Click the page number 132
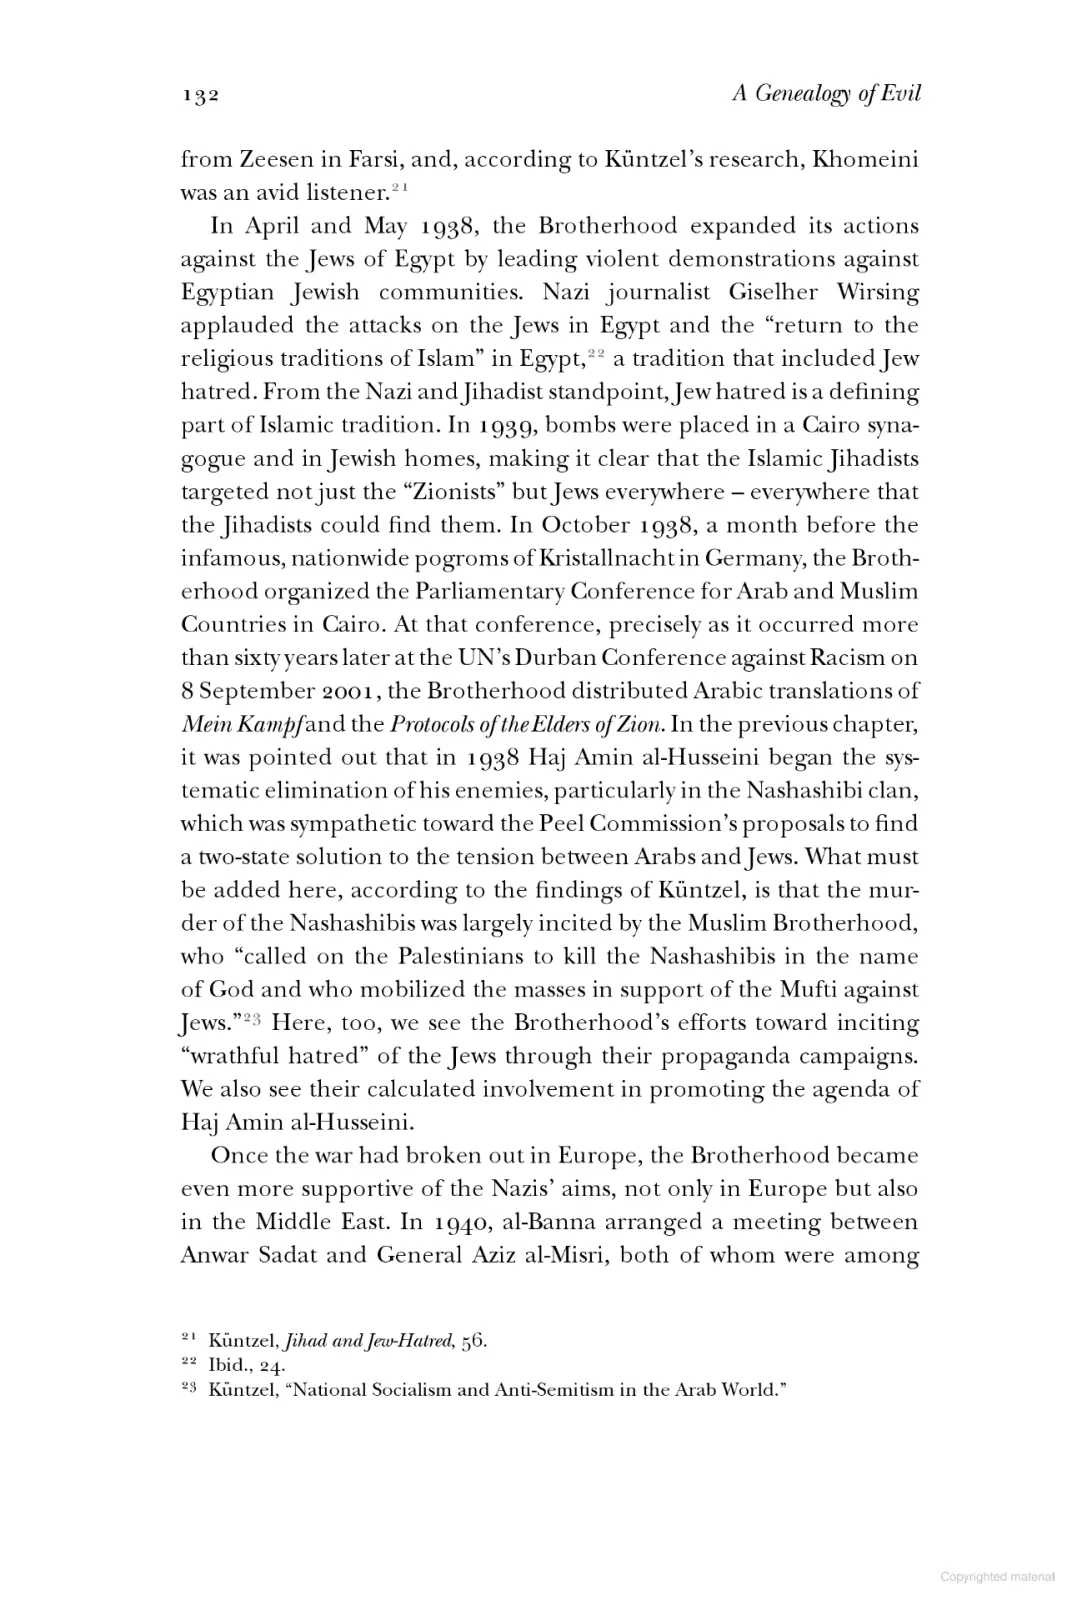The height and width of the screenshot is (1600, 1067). coord(200,96)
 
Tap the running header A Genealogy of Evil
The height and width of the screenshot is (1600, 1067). coord(826,94)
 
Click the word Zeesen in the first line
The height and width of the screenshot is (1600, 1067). coord(264,160)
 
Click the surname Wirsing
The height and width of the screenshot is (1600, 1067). coord(874,292)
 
